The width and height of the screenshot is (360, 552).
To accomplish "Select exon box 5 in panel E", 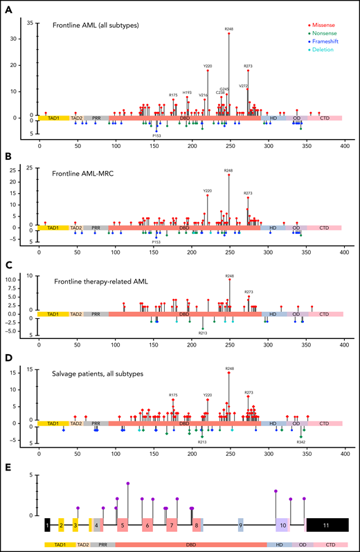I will pos(122,526).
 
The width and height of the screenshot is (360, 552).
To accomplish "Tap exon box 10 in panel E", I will pos(282,526).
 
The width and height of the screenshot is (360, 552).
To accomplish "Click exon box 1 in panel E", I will pos(47,526).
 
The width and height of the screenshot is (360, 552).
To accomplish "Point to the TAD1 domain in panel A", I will pos(53,118).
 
